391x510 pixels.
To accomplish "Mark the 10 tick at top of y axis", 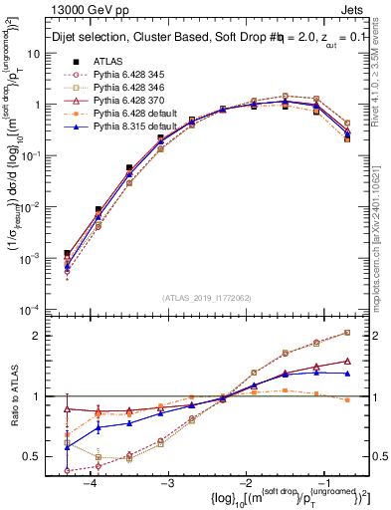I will click(x=36, y=53).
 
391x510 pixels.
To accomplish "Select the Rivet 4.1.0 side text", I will click(x=381, y=75).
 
